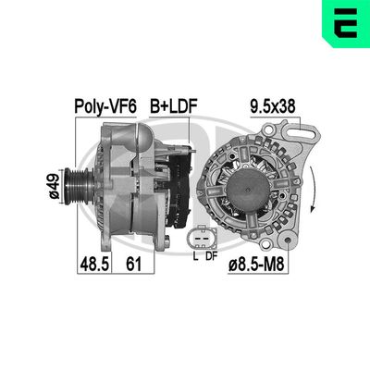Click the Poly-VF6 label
pyautogui.click(x=105, y=108)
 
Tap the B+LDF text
pyautogui.click(x=173, y=108)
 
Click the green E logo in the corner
pyautogui.click(x=346, y=23)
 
